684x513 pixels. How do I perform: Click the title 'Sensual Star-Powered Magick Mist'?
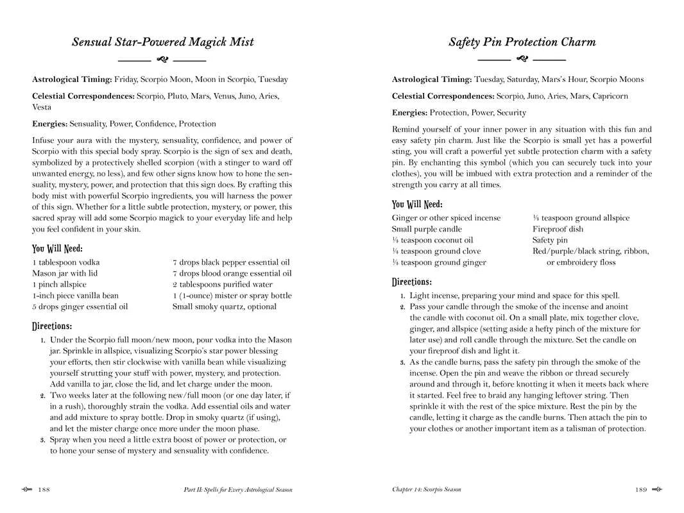click(162, 42)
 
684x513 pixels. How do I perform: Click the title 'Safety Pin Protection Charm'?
click(522, 42)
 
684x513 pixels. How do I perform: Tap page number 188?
click(44, 490)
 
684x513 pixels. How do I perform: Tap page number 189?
click(641, 490)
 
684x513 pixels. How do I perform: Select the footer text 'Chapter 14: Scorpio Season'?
click(426, 490)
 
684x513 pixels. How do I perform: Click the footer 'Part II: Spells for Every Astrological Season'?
click(237, 490)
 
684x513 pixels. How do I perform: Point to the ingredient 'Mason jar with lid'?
click(65, 273)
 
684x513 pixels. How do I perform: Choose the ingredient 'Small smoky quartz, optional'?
click(224, 307)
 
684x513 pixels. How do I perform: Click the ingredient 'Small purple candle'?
click(427, 229)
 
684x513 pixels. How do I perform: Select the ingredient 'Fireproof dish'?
click(558, 229)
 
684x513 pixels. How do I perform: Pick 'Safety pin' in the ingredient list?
click(550, 240)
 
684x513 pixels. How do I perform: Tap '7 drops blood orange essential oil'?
click(232, 273)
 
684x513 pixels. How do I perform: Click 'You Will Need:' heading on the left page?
click(57, 248)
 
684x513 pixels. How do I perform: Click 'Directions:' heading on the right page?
click(411, 282)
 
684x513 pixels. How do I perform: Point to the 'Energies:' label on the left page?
click(49, 124)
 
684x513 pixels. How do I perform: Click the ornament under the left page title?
click(162, 60)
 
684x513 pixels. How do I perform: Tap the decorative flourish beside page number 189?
click(657, 490)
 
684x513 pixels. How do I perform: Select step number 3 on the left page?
click(42, 440)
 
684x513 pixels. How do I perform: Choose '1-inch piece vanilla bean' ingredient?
click(75, 296)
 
